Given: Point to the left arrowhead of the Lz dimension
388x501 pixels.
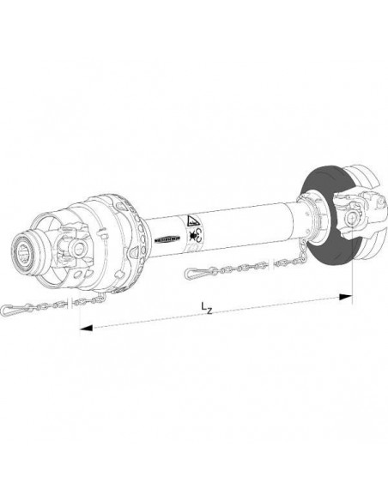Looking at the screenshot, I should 83,328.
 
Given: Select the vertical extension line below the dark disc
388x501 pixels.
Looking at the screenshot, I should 352,275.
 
